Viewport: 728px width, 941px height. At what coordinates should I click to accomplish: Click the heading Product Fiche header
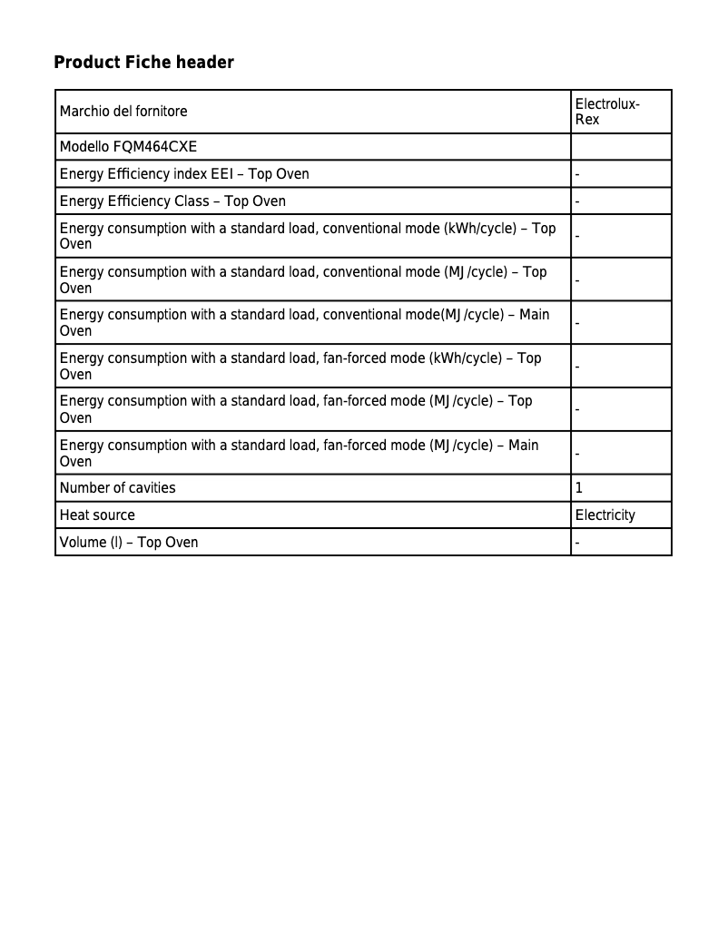click(143, 63)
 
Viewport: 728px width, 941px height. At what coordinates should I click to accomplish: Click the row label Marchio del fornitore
click(123, 112)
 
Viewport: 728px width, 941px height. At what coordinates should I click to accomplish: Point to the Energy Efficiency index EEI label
click(184, 174)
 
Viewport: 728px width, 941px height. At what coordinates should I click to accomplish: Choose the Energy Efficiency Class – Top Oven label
click(172, 201)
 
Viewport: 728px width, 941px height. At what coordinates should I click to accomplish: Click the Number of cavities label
click(117, 488)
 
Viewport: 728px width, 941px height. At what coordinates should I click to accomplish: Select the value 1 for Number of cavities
click(579, 488)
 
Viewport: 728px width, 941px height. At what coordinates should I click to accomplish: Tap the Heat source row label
click(97, 515)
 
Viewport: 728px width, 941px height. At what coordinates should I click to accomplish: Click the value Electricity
click(605, 515)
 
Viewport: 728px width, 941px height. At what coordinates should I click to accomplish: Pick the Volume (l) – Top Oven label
click(129, 543)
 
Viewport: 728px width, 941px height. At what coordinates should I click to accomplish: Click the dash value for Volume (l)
click(577, 543)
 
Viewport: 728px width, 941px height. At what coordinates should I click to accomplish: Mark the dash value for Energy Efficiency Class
click(577, 201)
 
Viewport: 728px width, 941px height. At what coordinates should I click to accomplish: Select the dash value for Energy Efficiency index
click(577, 174)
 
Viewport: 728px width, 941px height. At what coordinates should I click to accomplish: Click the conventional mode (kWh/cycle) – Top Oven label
click(308, 236)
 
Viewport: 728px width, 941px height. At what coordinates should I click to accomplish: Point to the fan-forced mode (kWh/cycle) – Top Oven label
click(300, 366)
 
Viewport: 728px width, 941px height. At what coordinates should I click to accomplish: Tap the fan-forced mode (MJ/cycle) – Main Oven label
click(299, 453)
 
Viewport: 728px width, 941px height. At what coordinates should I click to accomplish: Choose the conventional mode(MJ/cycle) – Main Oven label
click(304, 322)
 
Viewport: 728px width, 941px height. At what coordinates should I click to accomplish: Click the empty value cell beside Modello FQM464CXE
click(621, 147)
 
